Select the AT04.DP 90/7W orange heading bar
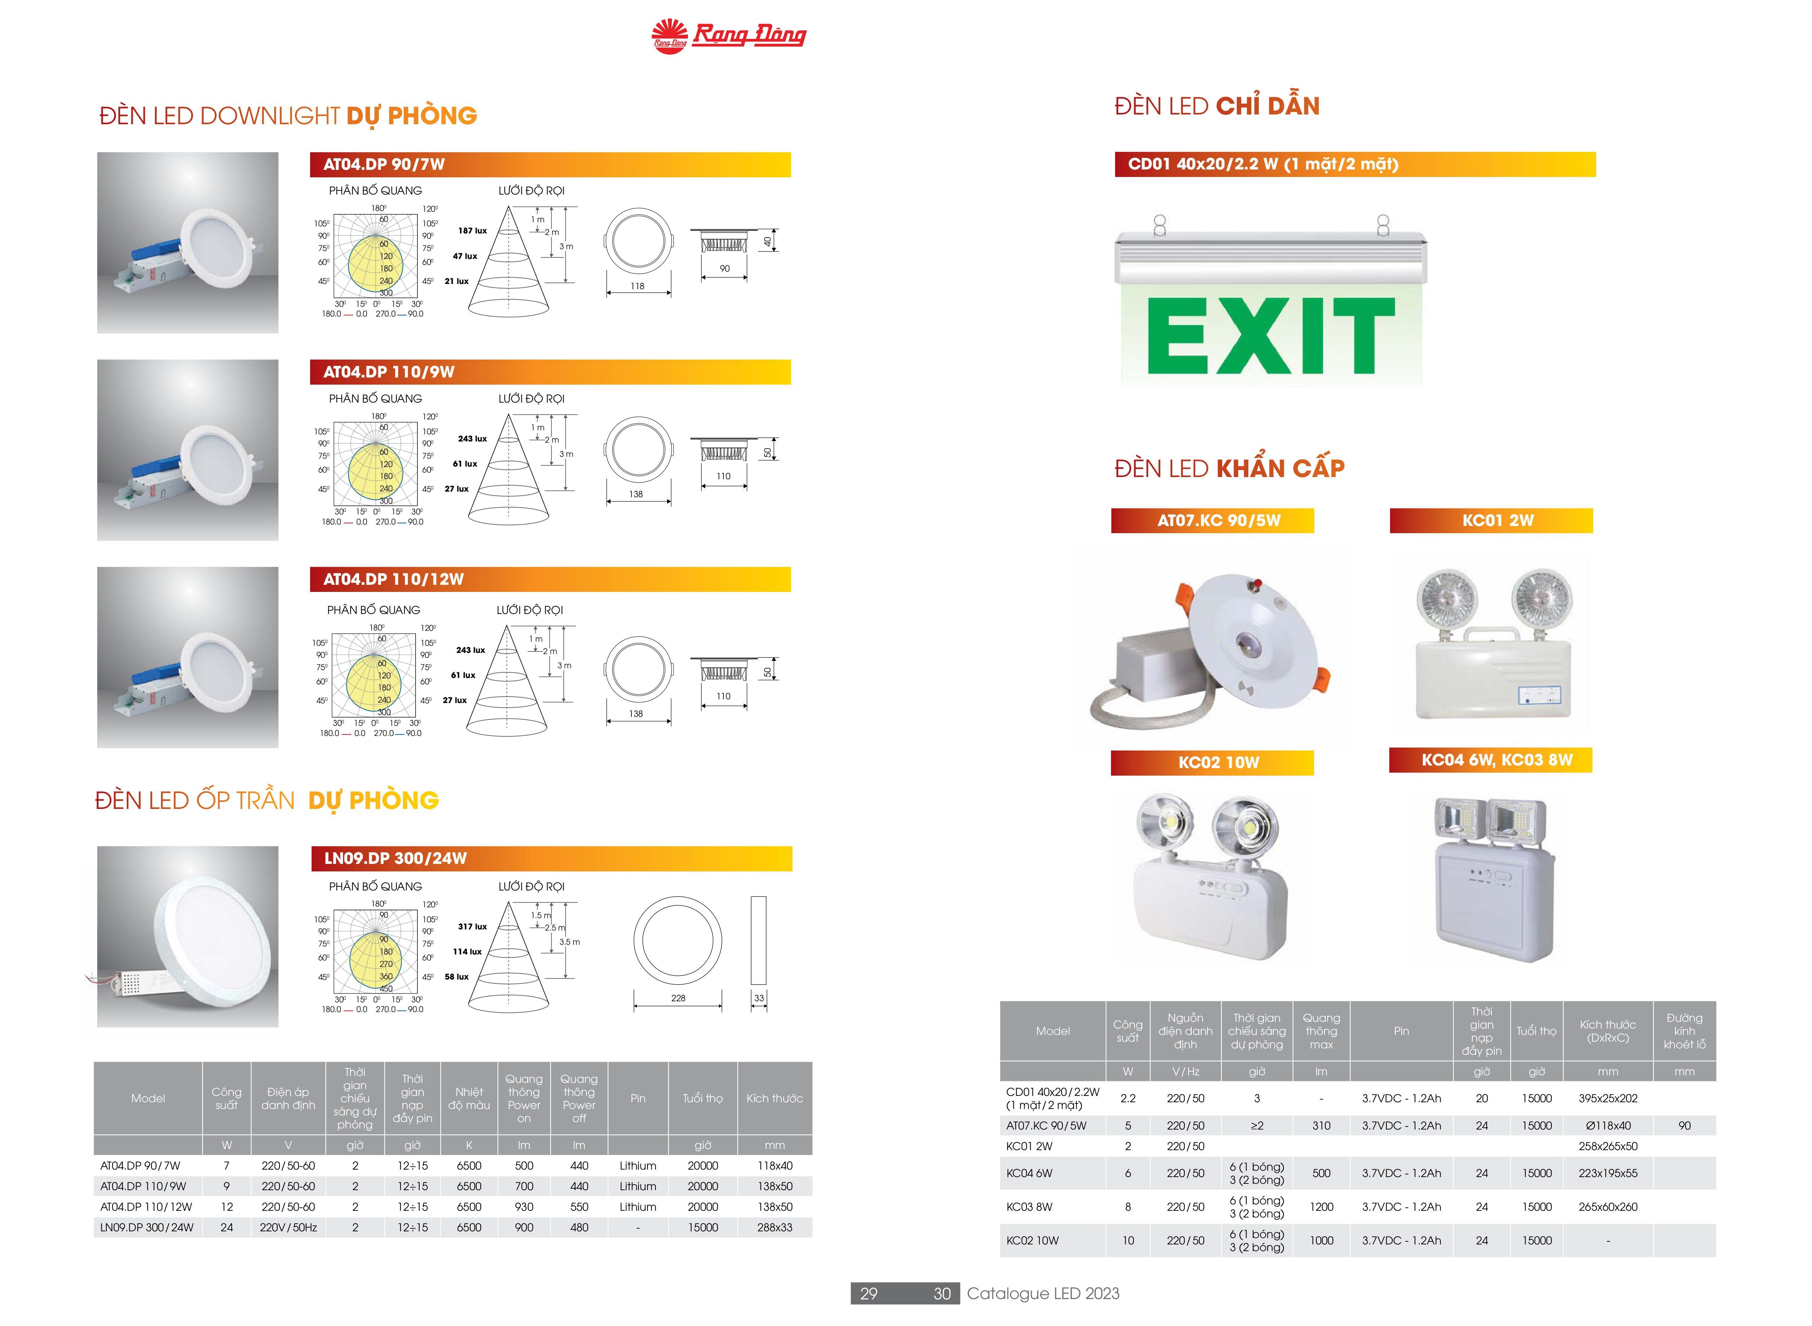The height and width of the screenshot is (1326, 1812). pyautogui.click(x=551, y=165)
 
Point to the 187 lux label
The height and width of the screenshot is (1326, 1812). pyautogui.click(x=473, y=230)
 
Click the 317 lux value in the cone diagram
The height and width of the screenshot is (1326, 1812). pyautogui.click(x=473, y=926)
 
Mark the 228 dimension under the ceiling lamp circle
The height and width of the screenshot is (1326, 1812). pyautogui.click(x=678, y=998)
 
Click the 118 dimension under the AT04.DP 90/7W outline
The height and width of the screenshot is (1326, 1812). pyautogui.click(x=637, y=286)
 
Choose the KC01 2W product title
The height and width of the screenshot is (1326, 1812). pyautogui.click(x=1497, y=520)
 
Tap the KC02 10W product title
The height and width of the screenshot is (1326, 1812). pyautogui.click(x=1218, y=763)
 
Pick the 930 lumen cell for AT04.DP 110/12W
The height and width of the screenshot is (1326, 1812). pyautogui.click(x=524, y=1206)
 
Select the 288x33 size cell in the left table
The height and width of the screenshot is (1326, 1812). pyautogui.click(x=774, y=1227)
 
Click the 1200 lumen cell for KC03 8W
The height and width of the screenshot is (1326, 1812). pyautogui.click(x=1321, y=1206)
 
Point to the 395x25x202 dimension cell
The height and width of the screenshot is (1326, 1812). pyautogui.click(x=1607, y=1098)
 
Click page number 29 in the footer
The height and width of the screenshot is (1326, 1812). pyautogui.click(x=868, y=1293)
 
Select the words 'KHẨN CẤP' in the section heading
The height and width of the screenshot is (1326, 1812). pyautogui.click(x=1280, y=468)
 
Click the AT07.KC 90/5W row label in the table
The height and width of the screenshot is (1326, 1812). pyautogui.click(x=1046, y=1125)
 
